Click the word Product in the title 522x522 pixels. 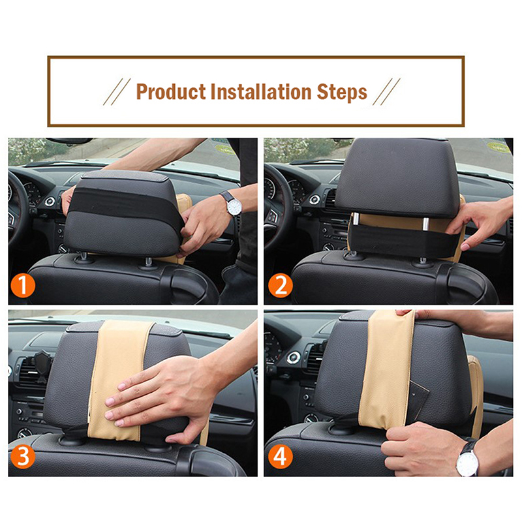coord(171,91)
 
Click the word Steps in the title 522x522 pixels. coord(342,92)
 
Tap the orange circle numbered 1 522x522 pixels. coord(23,285)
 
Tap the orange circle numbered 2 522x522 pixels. coord(281,285)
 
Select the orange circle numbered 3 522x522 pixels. coord(23,456)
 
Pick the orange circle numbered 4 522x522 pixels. coord(281,456)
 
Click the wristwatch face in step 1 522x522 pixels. coord(234,207)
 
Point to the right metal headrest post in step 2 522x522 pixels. coord(426,224)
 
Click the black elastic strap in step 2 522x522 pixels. coord(399,240)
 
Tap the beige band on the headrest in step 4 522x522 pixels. coord(387,369)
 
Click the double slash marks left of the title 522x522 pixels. coord(117,92)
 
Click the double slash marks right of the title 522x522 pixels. coord(386,92)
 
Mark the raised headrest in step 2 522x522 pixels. coord(398,178)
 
